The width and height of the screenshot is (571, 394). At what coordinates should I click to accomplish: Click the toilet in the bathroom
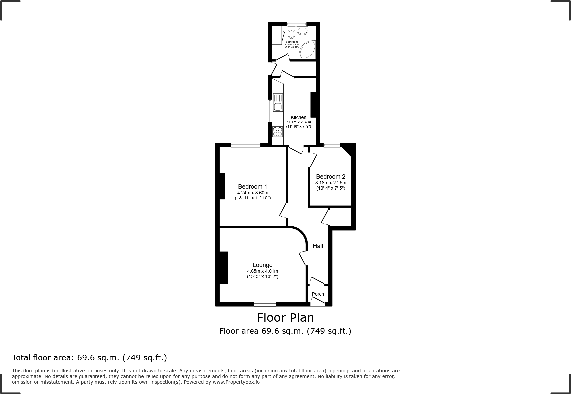[292, 33]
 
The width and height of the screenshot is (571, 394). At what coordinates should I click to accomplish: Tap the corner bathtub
[308, 50]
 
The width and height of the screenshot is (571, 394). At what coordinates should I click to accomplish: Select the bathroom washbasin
[302, 31]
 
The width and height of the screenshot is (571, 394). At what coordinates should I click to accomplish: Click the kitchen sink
[277, 107]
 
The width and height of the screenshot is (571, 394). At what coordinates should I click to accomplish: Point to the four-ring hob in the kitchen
[277, 132]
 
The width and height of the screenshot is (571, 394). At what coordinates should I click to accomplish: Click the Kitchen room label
[298, 117]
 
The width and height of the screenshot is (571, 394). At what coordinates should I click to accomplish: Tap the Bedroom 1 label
[252, 187]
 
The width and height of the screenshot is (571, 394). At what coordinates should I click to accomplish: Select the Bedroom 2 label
[330, 177]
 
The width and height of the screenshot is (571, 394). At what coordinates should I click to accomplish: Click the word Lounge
[262, 265]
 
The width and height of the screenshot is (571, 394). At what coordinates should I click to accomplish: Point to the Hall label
[318, 246]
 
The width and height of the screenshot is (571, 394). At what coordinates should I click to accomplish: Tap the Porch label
[318, 294]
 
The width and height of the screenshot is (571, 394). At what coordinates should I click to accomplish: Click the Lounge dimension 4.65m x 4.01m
[262, 271]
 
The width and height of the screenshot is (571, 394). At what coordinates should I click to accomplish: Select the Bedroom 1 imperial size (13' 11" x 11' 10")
[252, 198]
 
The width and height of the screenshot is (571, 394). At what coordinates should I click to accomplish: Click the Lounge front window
[265, 304]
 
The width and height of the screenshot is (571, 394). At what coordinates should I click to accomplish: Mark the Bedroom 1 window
[245, 145]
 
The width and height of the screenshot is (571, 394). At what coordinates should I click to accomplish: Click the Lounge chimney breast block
[223, 267]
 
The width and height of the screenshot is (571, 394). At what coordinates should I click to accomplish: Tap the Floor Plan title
[285, 318]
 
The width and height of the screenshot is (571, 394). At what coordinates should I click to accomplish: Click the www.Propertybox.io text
[236, 382]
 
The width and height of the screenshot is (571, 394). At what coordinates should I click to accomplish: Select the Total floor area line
[90, 358]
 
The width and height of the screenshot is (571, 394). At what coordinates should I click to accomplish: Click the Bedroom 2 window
[332, 145]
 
